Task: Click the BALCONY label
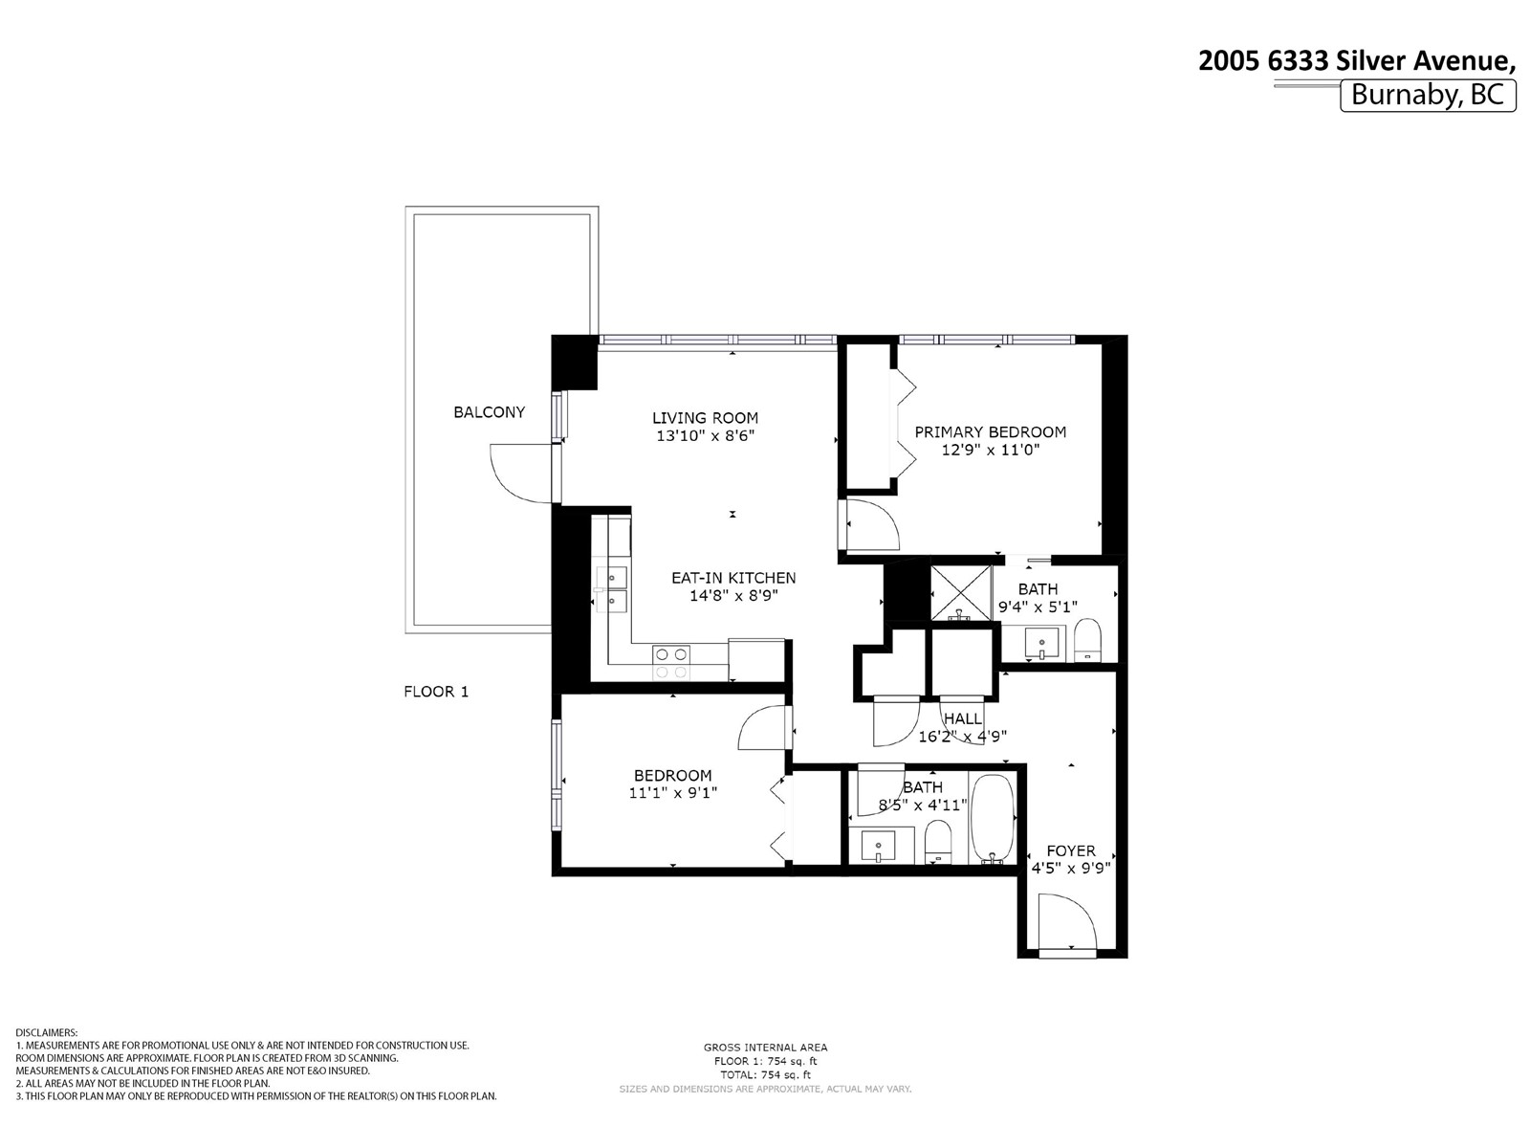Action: point(489,412)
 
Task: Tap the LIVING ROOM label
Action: point(705,418)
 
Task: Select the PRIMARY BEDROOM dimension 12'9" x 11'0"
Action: point(991,451)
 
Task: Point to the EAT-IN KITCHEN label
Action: point(733,578)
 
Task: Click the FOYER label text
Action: point(1071,851)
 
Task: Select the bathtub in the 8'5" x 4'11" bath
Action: point(992,820)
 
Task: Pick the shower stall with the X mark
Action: point(961,592)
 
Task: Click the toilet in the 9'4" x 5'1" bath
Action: point(1086,639)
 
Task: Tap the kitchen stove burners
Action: point(671,663)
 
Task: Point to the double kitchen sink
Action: point(611,589)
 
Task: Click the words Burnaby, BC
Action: point(1428,95)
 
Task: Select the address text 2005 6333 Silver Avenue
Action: point(1356,60)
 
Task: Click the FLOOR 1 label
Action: point(436,692)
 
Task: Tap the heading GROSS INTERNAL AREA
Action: point(765,1047)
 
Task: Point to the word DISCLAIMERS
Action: point(47,1032)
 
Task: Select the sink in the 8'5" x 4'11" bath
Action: point(878,847)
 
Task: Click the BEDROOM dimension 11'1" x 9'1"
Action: point(672,792)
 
